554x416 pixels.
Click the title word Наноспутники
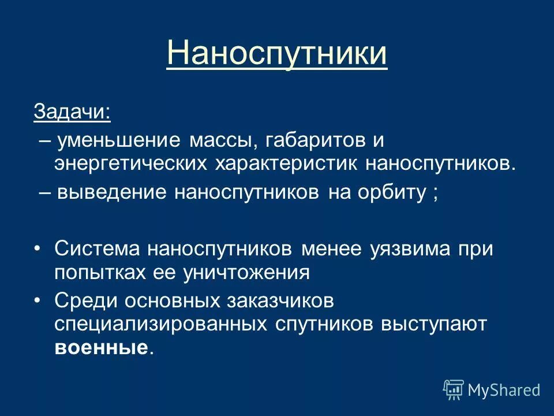(276, 53)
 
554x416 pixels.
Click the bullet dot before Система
(38, 249)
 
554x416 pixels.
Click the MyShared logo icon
(454, 389)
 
